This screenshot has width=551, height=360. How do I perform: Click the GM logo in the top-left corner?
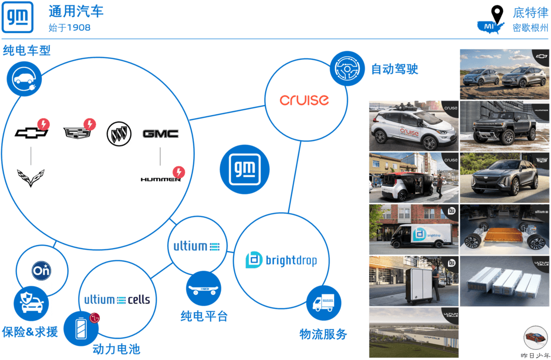coord(18,17)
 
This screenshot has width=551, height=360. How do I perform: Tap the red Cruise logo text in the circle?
coord(304,99)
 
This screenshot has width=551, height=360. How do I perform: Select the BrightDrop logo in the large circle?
coord(281,260)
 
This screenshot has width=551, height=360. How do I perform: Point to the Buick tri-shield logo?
coord(119,134)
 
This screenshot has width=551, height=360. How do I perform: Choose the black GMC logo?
coord(160,134)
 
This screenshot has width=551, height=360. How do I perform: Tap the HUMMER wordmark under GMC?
coord(160,179)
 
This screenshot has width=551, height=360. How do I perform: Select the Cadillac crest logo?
coord(76,133)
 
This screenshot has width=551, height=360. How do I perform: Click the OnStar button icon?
coord(41,270)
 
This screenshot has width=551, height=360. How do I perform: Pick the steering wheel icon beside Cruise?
coord(347,68)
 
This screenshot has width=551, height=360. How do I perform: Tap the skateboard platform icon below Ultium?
coord(204,289)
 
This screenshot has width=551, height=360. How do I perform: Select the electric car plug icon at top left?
coord(24,79)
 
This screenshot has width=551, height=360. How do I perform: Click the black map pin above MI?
coord(496,13)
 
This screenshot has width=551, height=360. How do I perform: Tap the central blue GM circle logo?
coord(244,169)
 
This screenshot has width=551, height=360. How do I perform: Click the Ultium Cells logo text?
coord(117,300)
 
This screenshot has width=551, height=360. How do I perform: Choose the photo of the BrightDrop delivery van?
coord(414,229)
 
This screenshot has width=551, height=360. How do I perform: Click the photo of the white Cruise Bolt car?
coord(414,126)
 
